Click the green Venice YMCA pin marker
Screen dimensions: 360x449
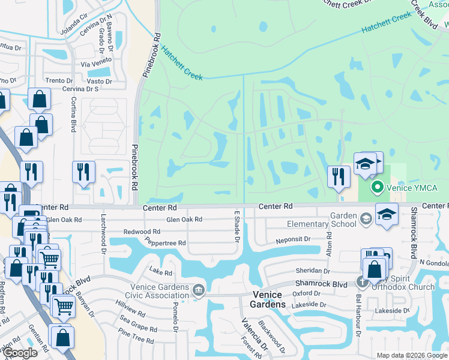pos(377,188)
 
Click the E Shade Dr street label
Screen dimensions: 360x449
pos(237,227)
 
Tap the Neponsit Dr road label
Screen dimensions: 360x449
pos(293,239)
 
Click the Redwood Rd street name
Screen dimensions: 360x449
pos(142,231)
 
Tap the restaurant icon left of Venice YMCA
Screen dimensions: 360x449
pos(339,176)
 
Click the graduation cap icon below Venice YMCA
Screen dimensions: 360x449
pos(387,215)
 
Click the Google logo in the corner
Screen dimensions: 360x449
pos(20,353)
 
